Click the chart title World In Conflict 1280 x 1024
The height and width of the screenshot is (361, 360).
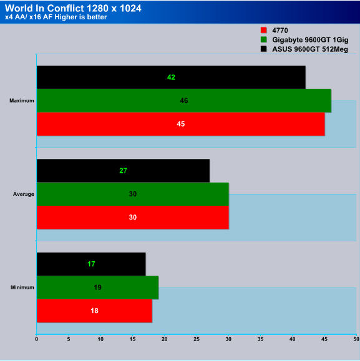(73, 8)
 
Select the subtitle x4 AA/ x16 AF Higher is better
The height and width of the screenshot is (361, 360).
(56, 17)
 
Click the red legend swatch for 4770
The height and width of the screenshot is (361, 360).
(263, 30)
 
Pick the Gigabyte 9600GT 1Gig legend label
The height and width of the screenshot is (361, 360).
(310, 40)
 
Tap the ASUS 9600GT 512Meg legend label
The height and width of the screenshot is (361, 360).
(310, 49)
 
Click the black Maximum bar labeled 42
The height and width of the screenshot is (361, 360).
(171, 77)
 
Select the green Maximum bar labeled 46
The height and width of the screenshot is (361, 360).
(184, 100)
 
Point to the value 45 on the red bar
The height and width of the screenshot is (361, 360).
(181, 124)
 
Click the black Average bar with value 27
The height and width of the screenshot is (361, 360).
(124, 171)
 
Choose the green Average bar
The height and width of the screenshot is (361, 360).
(133, 194)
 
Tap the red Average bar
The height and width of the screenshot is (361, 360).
(133, 218)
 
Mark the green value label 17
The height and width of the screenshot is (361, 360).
(91, 264)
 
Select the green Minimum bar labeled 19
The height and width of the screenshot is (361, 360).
(98, 287)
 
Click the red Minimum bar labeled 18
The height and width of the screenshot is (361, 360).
(94, 310)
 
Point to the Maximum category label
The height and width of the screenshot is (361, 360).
(22, 100)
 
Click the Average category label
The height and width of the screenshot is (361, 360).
(24, 194)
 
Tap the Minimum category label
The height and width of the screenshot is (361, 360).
(22, 287)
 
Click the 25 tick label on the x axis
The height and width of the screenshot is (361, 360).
(197, 339)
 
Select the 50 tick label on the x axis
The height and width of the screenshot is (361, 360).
(356, 339)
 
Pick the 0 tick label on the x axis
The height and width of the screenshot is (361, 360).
(37, 339)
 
